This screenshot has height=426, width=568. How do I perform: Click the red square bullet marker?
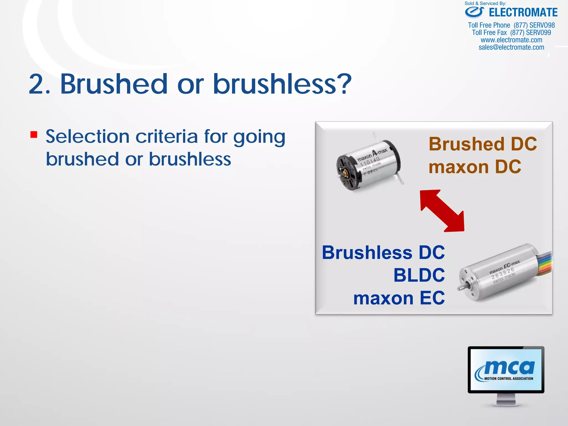[x=34, y=135]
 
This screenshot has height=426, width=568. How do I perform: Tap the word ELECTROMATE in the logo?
[x=523, y=13]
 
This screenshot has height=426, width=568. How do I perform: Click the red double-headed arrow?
[x=442, y=211]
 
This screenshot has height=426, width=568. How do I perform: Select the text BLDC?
[x=419, y=275]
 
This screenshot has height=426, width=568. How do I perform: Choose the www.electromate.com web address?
[x=511, y=40]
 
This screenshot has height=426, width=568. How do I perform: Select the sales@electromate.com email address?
[x=511, y=47]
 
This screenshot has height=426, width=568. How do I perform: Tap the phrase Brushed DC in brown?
[x=483, y=144]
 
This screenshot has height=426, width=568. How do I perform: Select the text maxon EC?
[x=399, y=298]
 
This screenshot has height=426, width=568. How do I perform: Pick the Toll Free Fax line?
[x=511, y=33]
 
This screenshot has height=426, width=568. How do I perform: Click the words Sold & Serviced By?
[x=485, y=4]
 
